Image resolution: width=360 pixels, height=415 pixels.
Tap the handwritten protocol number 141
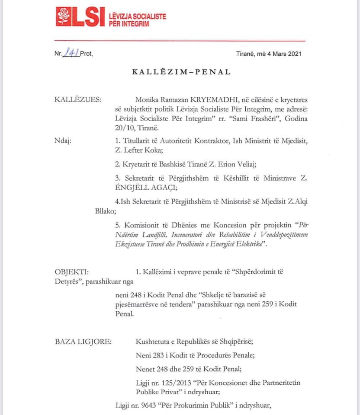click(x=71, y=53)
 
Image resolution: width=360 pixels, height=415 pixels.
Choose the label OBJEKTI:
click(x=72, y=272)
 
